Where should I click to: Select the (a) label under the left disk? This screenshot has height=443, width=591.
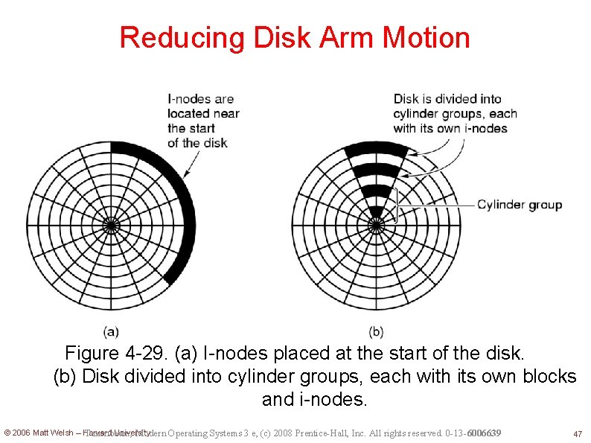111,331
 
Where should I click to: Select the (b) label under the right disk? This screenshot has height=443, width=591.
376,331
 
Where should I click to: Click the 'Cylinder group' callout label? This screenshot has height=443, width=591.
520,205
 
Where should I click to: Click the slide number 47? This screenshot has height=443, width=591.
577,433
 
